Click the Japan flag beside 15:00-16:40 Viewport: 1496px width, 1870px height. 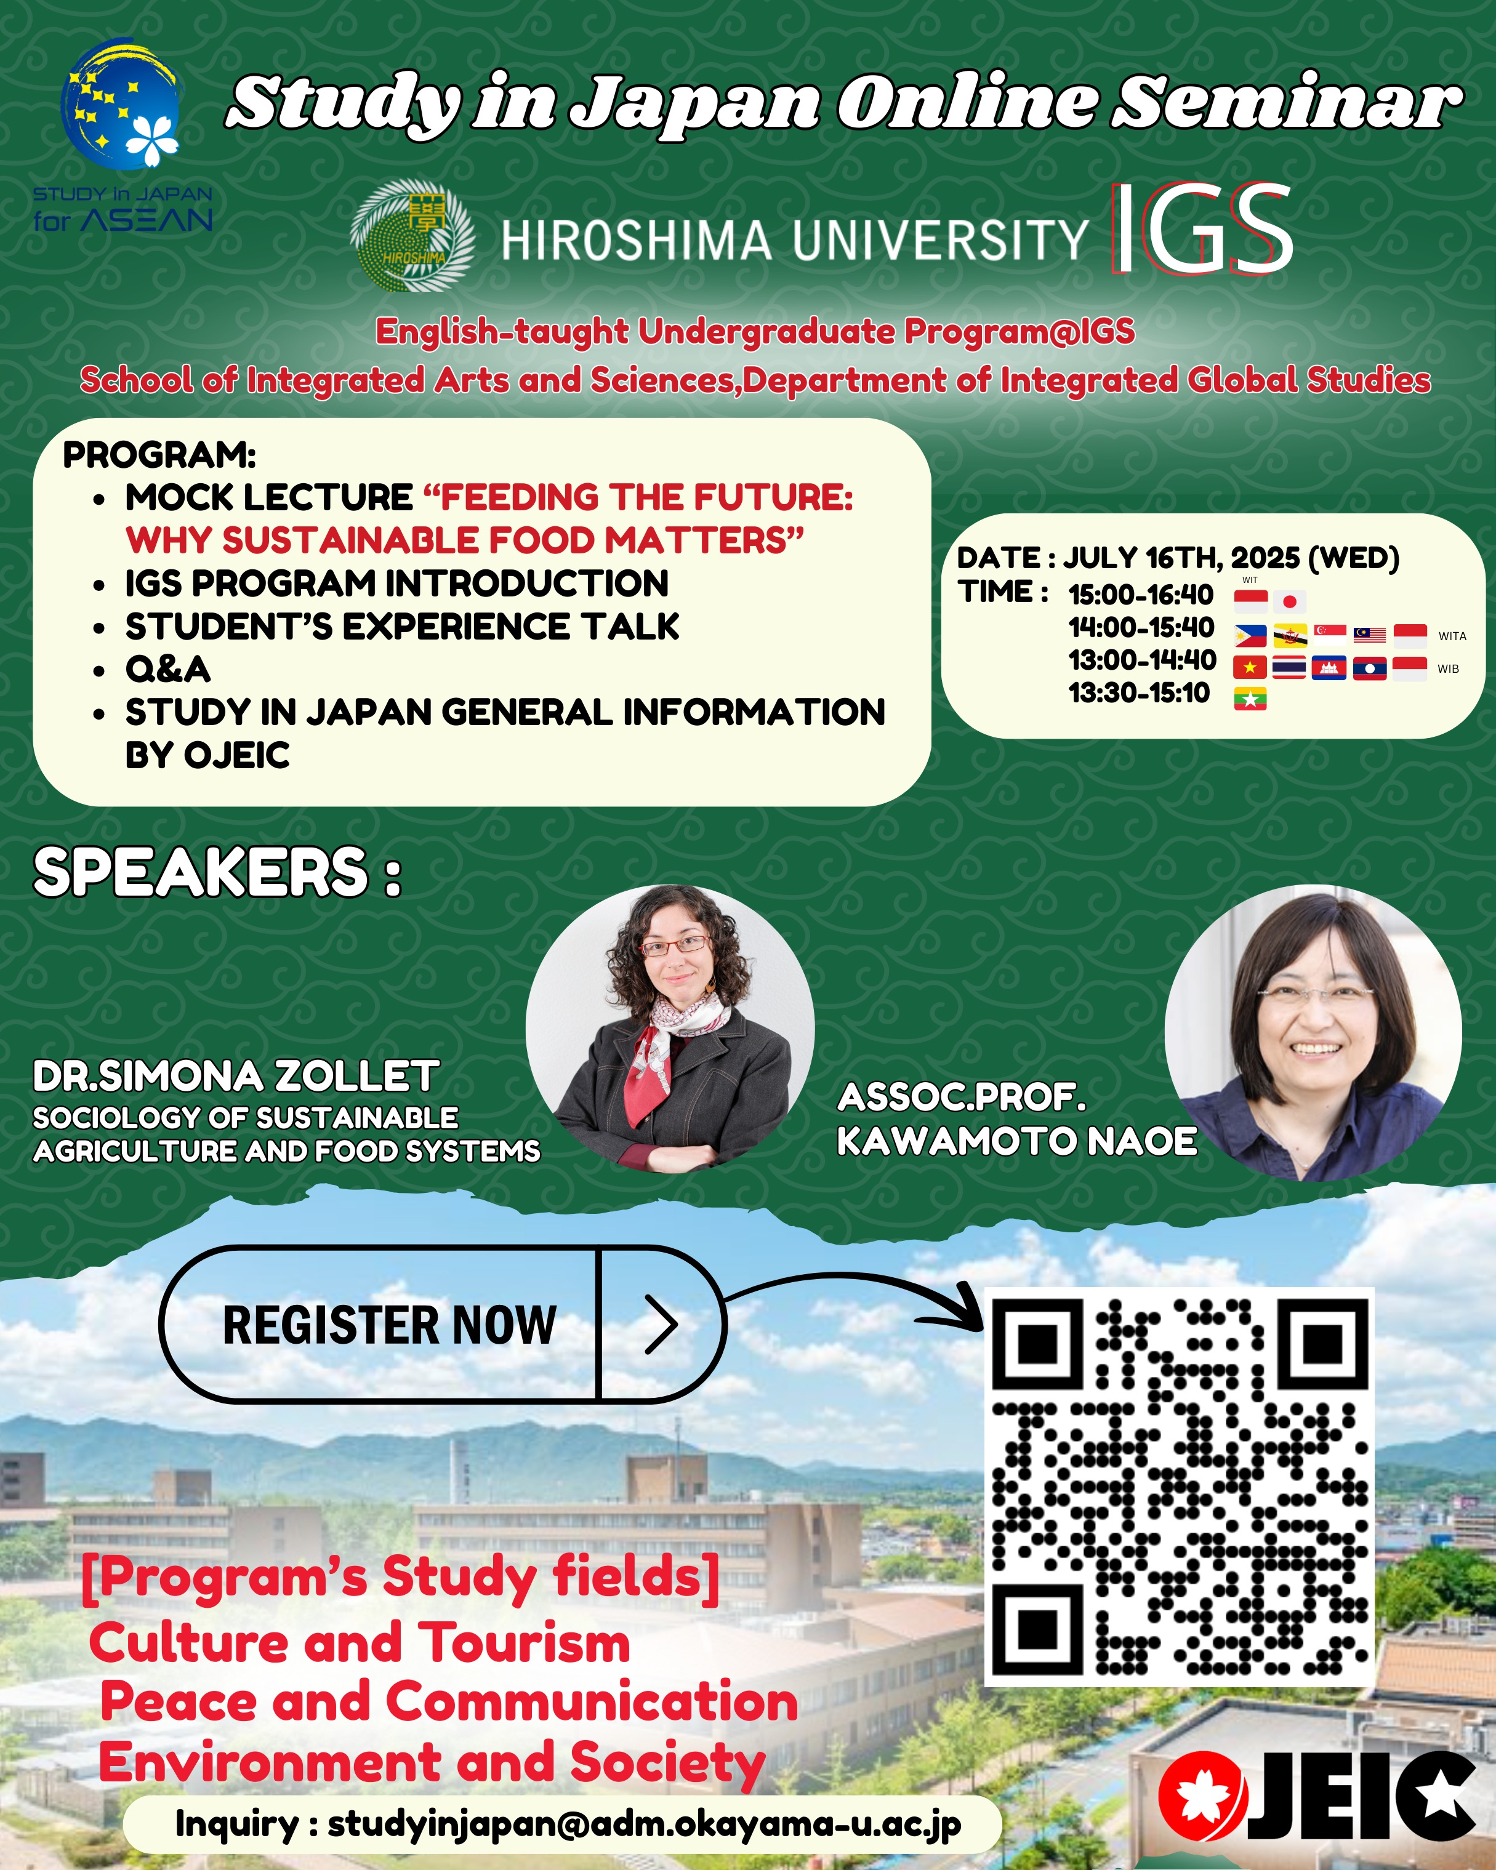(1290, 601)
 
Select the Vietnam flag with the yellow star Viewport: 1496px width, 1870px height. (1250, 668)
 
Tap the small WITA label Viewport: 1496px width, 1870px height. (1452, 636)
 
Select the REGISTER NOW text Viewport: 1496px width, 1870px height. (390, 1325)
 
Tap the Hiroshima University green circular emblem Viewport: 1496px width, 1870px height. (412, 235)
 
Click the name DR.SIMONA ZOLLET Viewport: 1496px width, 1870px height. (236, 1077)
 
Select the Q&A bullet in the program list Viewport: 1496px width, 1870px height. (167, 668)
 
